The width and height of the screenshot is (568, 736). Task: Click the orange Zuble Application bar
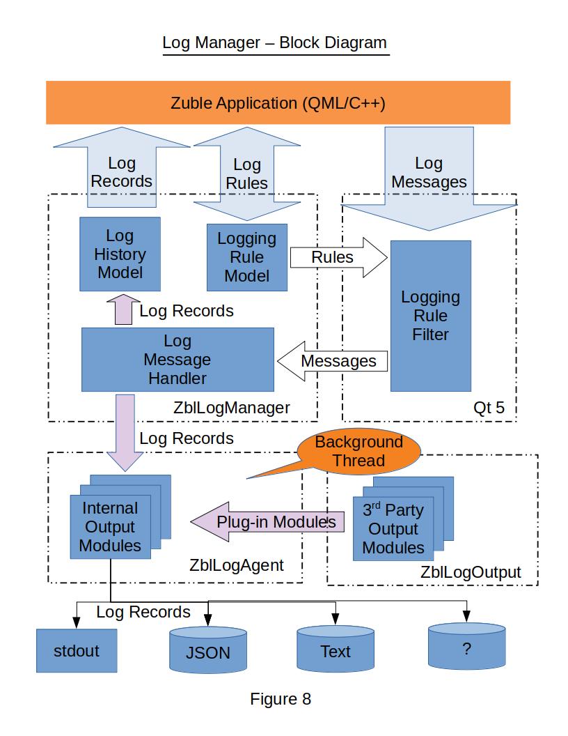278,103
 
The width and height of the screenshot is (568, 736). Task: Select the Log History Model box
120,254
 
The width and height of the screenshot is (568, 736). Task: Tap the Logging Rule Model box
247,257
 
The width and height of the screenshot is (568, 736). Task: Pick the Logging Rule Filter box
430,316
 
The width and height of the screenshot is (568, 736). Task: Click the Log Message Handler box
177,360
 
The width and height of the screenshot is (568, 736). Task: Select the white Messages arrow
333,361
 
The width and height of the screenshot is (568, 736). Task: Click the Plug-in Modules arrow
268,522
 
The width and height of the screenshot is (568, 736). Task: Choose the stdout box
77,651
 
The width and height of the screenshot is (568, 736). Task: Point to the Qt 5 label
489,408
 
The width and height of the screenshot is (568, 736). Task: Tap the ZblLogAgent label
237,565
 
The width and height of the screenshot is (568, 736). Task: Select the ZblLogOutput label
471,572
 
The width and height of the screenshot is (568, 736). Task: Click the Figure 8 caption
281,698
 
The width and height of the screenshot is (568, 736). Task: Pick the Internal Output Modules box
110,527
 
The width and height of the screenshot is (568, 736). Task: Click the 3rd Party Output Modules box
393,529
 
